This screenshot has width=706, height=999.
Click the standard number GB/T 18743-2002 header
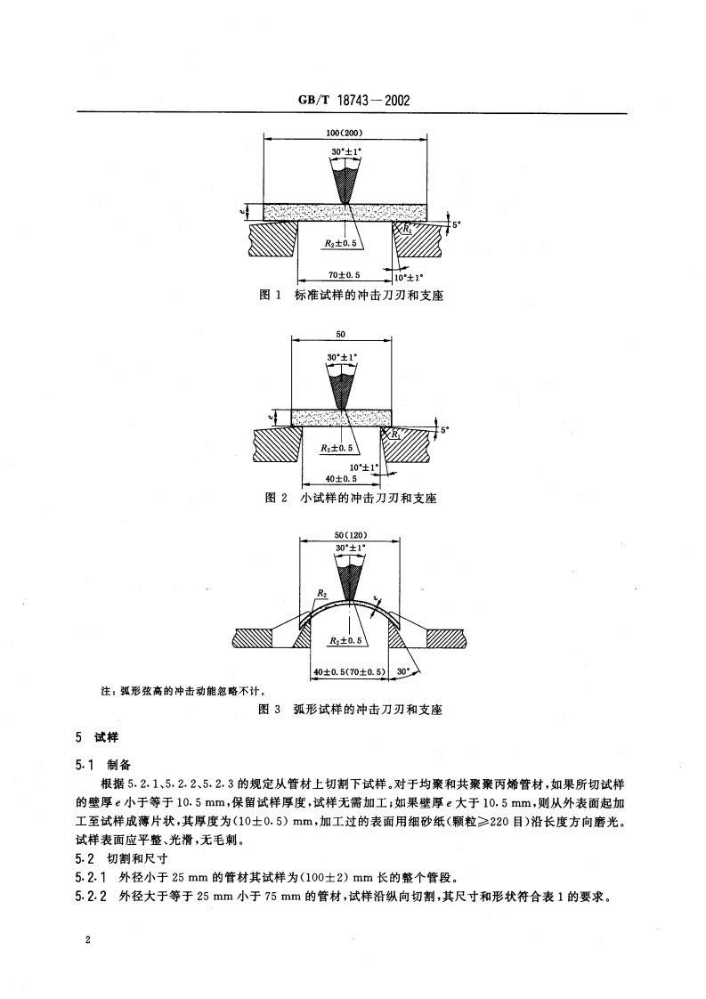pyautogui.click(x=353, y=101)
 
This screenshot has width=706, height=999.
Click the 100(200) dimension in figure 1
pyautogui.click(x=344, y=134)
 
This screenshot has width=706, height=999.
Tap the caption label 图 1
pyautogui.click(x=271, y=296)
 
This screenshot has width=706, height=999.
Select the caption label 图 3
pyautogui.click(x=269, y=710)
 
